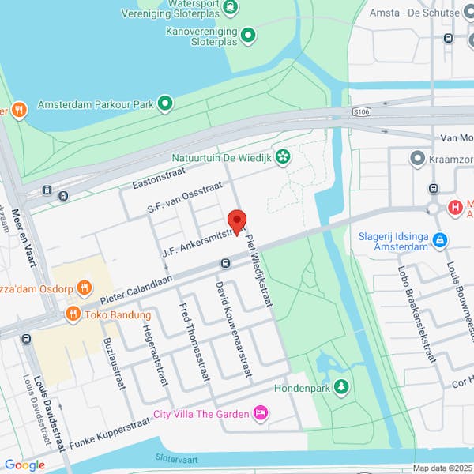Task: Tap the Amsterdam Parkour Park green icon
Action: pyautogui.click(x=165, y=103)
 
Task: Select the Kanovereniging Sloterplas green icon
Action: pyautogui.click(x=248, y=35)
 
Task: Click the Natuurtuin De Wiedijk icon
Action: pyautogui.click(x=282, y=156)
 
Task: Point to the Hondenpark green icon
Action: pyautogui.click(x=341, y=387)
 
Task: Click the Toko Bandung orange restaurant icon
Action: pyautogui.click(x=73, y=314)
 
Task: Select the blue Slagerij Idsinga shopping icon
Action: pyautogui.click(x=440, y=239)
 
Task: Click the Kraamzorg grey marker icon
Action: pyautogui.click(x=417, y=160)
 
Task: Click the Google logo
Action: pyautogui.click(x=24, y=465)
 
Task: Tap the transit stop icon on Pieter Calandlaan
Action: pyautogui.click(x=225, y=263)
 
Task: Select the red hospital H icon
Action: pyautogui.click(x=455, y=208)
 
